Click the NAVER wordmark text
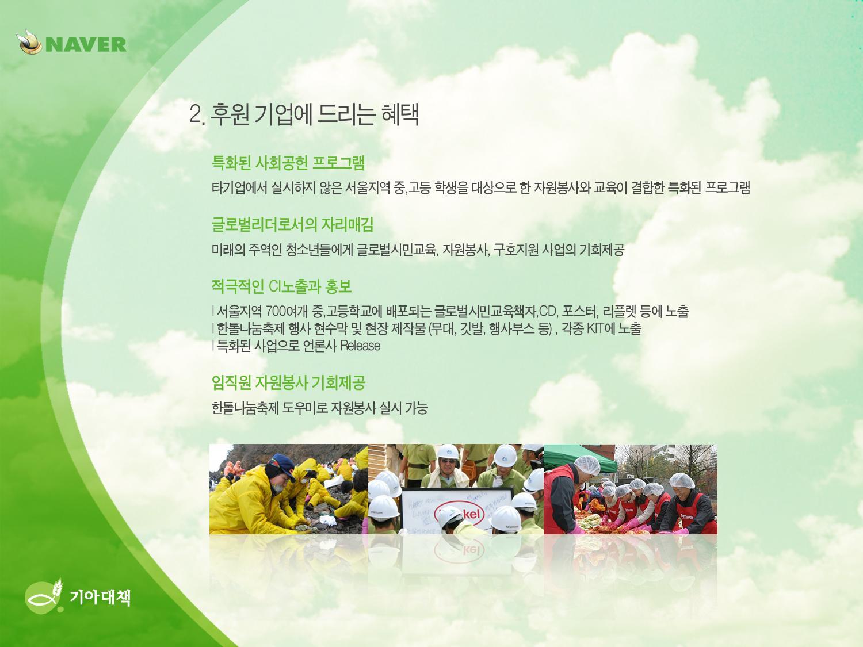(x=86, y=44)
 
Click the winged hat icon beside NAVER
(x=29, y=42)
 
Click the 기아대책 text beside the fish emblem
(x=100, y=598)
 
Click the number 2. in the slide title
(x=197, y=114)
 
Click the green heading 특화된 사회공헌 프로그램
(x=288, y=163)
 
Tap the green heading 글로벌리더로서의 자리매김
(x=292, y=224)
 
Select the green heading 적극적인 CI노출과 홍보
(x=281, y=286)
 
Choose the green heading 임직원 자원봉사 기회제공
(x=288, y=382)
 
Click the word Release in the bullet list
(x=360, y=346)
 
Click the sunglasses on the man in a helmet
(x=448, y=461)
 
